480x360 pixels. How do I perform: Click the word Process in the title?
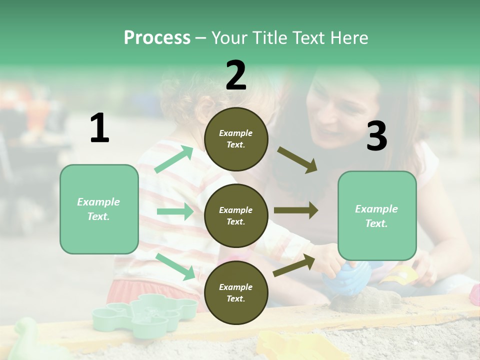(x=157, y=38)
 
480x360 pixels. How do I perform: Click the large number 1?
(x=99, y=128)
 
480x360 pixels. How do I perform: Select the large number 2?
(x=236, y=75)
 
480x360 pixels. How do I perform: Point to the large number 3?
(x=376, y=136)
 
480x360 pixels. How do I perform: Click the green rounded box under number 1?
(x=99, y=209)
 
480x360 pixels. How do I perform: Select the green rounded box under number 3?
(x=377, y=215)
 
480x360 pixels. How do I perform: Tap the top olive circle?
(x=236, y=139)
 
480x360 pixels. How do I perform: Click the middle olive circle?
(x=236, y=215)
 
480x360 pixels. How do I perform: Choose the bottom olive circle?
(x=236, y=292)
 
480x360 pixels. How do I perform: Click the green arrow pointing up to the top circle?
(x=174, y=159)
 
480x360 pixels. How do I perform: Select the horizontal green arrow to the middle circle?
(x=175, y=211)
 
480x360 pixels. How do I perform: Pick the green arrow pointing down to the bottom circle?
(x=175, y=266)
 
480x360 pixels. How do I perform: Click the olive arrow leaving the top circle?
(x=297, y=160)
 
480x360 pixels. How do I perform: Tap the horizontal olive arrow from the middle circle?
(x=295, y=210)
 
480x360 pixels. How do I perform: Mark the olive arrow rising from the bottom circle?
(x=294, y=265)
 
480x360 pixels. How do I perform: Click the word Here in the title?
(x=348, y=38)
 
